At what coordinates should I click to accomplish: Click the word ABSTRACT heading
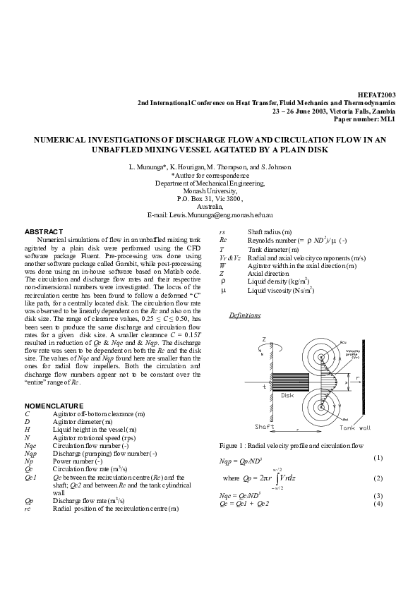point(44,231)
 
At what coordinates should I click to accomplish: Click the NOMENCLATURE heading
point(54,406)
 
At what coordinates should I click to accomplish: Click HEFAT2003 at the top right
point(378,94)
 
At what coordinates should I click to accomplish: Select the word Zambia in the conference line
point(384,111)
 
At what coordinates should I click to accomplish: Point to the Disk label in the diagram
point(287,395)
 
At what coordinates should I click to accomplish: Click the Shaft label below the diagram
point(265,427)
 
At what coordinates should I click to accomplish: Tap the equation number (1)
point(378,458)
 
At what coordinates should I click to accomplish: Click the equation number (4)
point(378,503)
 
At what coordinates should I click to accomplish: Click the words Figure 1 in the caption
point(234,446)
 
